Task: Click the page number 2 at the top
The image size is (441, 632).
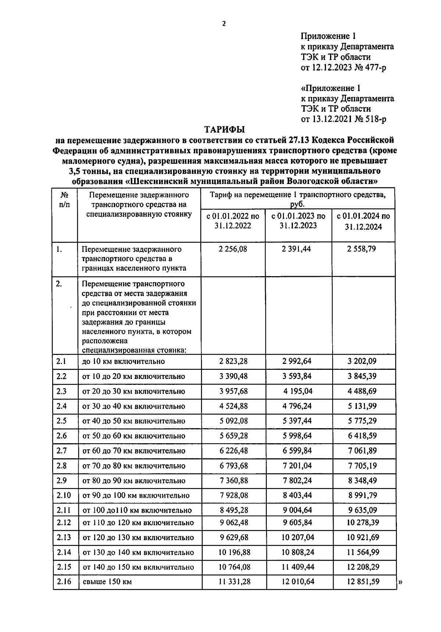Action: point(224,24)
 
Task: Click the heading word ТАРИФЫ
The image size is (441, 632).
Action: point(224,129)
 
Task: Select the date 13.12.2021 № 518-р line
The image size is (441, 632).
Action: point(343,119)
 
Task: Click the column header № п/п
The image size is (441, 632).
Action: point(64,199)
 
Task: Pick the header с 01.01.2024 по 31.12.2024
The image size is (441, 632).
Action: point(363,221)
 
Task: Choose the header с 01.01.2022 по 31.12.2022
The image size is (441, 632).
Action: point(233,221)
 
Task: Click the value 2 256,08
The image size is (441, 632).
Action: point(233,249)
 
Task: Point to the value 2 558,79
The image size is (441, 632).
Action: point(362,249)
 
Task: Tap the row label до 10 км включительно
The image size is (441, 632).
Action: point(123,361)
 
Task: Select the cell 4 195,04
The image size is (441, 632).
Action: point(298,391)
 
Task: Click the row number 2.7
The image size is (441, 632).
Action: point(62,451)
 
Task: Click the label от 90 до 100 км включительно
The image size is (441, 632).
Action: point(136,495)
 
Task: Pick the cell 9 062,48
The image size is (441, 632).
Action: point(234,522)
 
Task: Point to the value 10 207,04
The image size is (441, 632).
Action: point(298,537)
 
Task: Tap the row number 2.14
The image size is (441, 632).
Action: point(64,552)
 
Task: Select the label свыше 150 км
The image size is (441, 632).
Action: point(107,582)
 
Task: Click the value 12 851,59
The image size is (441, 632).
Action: point(363,582)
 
